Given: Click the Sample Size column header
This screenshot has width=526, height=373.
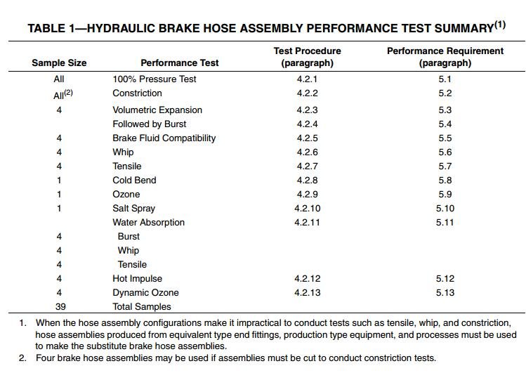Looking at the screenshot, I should pos(59,63).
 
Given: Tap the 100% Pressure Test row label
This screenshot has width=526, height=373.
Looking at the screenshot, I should pos(154,79).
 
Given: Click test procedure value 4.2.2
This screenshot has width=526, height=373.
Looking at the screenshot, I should pos(307,93).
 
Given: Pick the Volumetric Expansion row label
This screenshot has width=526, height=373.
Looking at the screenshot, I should pos(157,110).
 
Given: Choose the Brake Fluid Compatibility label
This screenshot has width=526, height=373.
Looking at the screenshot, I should pos(164,138).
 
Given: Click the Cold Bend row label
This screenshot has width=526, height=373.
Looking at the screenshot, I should pos(134,181).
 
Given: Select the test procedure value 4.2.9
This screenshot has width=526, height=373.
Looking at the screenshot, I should pos(307,195).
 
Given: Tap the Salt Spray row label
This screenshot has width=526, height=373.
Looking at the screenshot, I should pos(134,209).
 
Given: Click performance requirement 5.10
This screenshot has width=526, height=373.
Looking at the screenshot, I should pos(445,209).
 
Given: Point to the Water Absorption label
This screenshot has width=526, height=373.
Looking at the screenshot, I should pos(149,223).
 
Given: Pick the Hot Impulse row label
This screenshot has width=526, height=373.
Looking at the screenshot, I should pos(138,279).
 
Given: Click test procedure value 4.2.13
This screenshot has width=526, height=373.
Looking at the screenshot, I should pos(307,293).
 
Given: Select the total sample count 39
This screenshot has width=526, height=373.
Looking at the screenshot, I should pos(59,307).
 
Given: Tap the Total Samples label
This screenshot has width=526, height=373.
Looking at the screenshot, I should pos(142,307).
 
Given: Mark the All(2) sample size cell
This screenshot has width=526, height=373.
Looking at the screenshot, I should pos(59,93).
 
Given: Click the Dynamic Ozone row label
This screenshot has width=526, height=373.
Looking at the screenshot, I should pos(145,293).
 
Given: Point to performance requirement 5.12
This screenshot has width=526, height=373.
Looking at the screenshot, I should pos(445,279).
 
